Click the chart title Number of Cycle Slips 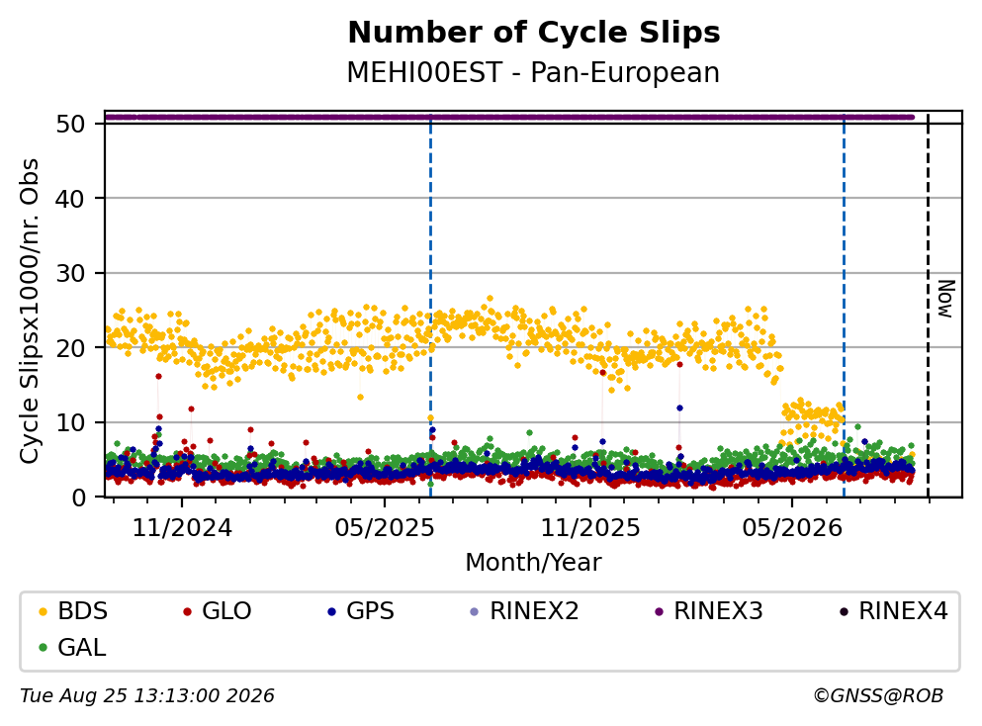pyautogui.click(x=534, y=33)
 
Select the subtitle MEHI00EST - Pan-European pyautogui.click(x=533, y=72)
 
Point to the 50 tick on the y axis pyautogui.click(x=70, y=124)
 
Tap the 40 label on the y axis pyautogui.click(x=70, y=199)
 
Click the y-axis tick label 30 pyautogui.click(x=70, y=273)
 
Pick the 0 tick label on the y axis pyautogui.click(x=78, y=498)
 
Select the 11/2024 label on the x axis pyautogui.click(x=182, y=528)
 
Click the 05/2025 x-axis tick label pyautogui.click(x=385, y=528)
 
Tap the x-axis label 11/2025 pyautogui.click(x=590, y=528)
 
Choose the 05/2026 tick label pyautogui.click(x=792, y=528)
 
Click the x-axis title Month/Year pyautogui.click(x=533, y=563)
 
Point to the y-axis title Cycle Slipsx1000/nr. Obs pyautogui.click(x=29, y=311)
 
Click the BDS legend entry pyautogui.click(x=73, y=610)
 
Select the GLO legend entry pyautogui.click(x=218, y=610)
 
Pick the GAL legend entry pyautogui.click(x=72, y=647)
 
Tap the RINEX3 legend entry pyautogui.click(x=708, y=610)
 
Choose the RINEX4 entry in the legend pyautogui.click(x=893, y=610)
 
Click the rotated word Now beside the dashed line pyautogui.click(x=945, y=299)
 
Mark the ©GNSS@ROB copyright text pyautogui.click(x=878, y=696)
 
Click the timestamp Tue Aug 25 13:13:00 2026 pyautogui.click(x=147, y=696)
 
